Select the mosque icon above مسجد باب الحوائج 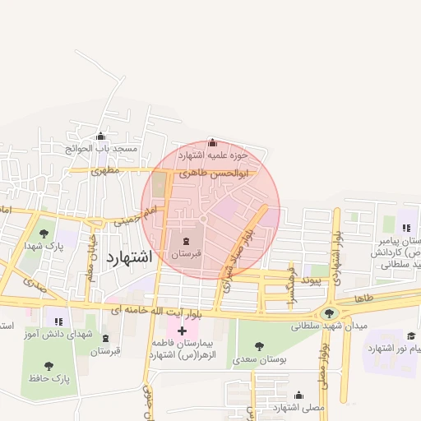point(101,136)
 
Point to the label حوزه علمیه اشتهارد point(212,155)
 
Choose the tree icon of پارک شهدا point(44,234)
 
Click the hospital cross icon point(182,330)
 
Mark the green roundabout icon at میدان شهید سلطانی point(330,312)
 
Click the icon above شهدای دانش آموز point(58,321)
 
